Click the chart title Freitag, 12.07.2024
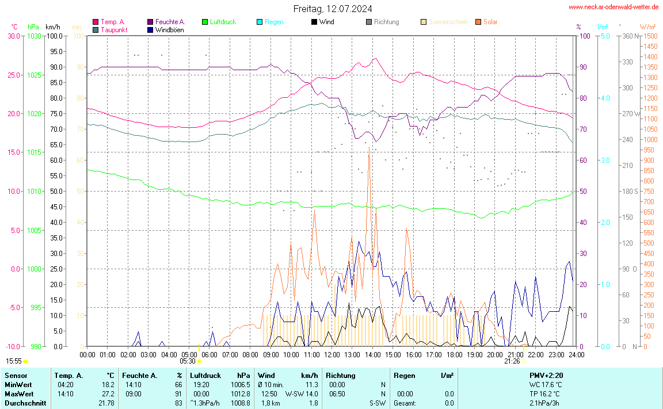[x=332, y=9]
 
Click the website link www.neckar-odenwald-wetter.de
[x=613, y=7]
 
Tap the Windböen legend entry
[x=169, y=30]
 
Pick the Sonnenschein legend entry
[x=448, y=22]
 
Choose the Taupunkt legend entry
[x=114, y=30]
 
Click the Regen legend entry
[x=274, y=22]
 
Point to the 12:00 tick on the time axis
[x=331, y=355]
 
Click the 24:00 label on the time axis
[x=577, y=355]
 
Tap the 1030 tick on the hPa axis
[x=35, y=36]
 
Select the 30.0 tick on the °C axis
[x=14, y=36]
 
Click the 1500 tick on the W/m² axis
[x=650, y=36]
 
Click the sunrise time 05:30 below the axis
[x=188, y=361]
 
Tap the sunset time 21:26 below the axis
[x=512, y=361]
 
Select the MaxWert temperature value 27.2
[x=108, y=394]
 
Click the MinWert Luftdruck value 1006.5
[x=241, y=385]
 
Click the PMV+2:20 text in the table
[x=546, y=376]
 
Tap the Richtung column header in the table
[x=340, y=376]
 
